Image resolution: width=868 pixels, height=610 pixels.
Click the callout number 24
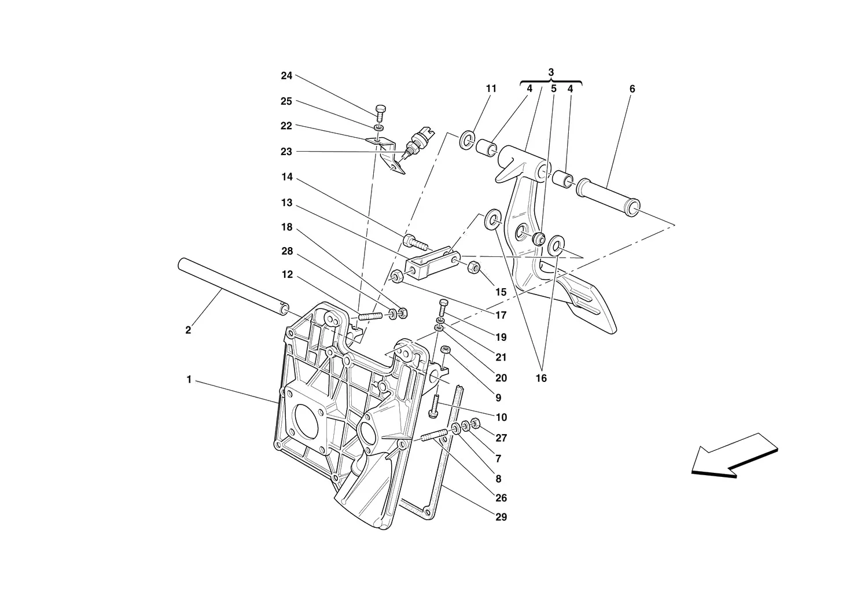point(286,76)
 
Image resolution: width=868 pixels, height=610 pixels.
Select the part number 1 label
point(189,380)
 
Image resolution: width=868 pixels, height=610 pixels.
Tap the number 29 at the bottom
point(501,517)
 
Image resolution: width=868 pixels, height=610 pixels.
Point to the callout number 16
point(541,378)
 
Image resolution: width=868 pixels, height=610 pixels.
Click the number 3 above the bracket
point(551,72)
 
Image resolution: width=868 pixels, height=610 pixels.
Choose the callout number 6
point(632,89)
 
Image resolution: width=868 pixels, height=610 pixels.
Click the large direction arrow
point(734,455)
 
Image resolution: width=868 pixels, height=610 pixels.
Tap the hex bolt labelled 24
point(380,113)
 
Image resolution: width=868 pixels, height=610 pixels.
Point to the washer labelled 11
point(467,141)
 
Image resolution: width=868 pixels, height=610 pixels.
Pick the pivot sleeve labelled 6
point(608,197)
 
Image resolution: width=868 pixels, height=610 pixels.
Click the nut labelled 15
point(474,267)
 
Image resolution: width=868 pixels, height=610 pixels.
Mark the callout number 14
point(287,177)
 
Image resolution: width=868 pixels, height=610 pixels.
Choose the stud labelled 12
point(370,316)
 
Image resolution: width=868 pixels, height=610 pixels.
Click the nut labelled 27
point(475,423)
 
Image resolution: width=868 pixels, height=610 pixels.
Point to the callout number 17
point(501,315)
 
